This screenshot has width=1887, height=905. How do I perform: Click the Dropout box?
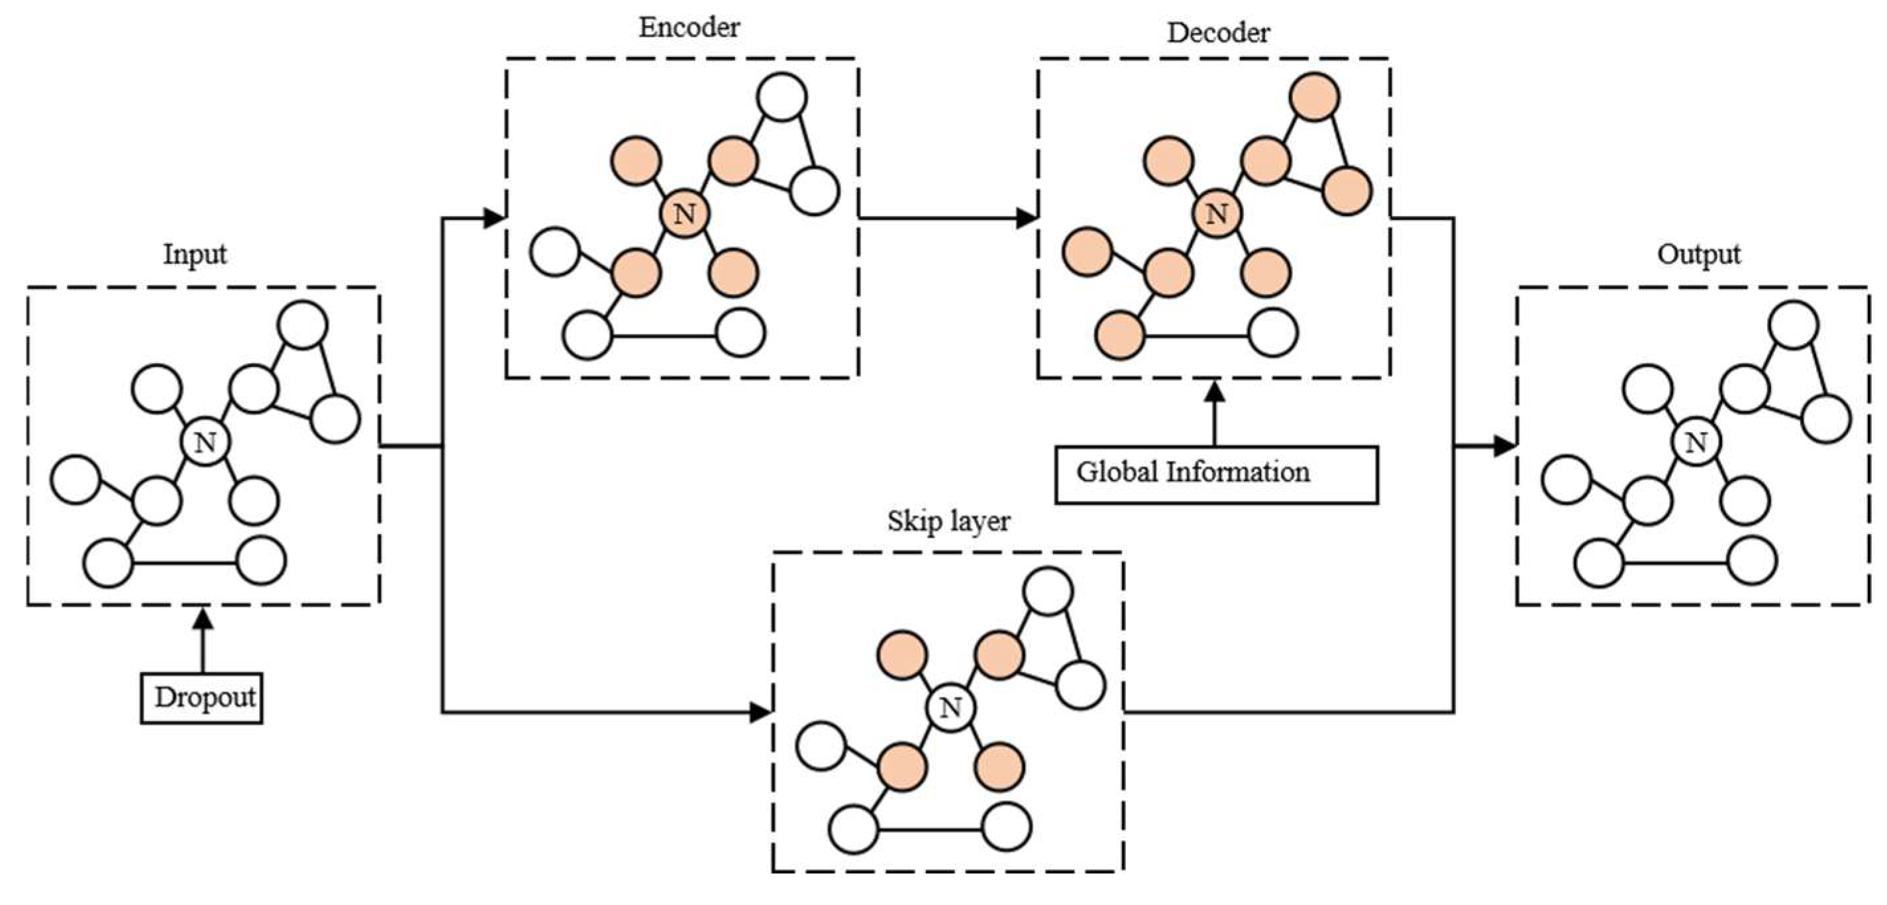(201, 698)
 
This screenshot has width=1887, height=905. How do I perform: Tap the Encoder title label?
(689, 28)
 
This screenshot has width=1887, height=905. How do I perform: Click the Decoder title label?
(1217, 33)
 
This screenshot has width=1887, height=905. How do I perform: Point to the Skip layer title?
(948, 521)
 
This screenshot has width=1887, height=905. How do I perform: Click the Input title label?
(194, 254)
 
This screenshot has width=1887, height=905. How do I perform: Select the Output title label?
(1698, 254)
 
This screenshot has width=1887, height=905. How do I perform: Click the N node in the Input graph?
(205, 442)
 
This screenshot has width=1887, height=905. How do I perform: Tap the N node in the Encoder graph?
(684, 213)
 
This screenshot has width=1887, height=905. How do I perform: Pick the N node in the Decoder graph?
(1216, 213)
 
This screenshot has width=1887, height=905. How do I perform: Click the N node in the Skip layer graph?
(950, 707)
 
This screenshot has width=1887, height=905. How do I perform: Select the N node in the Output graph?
(1696, 442)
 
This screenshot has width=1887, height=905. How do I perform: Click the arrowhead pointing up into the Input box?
(203, 620)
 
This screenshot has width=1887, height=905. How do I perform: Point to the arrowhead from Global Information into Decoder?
(1216, 392)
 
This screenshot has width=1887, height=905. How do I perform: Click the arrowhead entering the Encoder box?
(495, 218)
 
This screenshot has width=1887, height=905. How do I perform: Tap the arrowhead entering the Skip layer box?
(760, 712)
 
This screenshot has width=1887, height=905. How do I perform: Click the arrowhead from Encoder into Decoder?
(1025, 218)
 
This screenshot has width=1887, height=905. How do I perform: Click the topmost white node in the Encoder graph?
(782, 97)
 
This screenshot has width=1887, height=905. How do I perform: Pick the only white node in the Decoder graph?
(1273, 333)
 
